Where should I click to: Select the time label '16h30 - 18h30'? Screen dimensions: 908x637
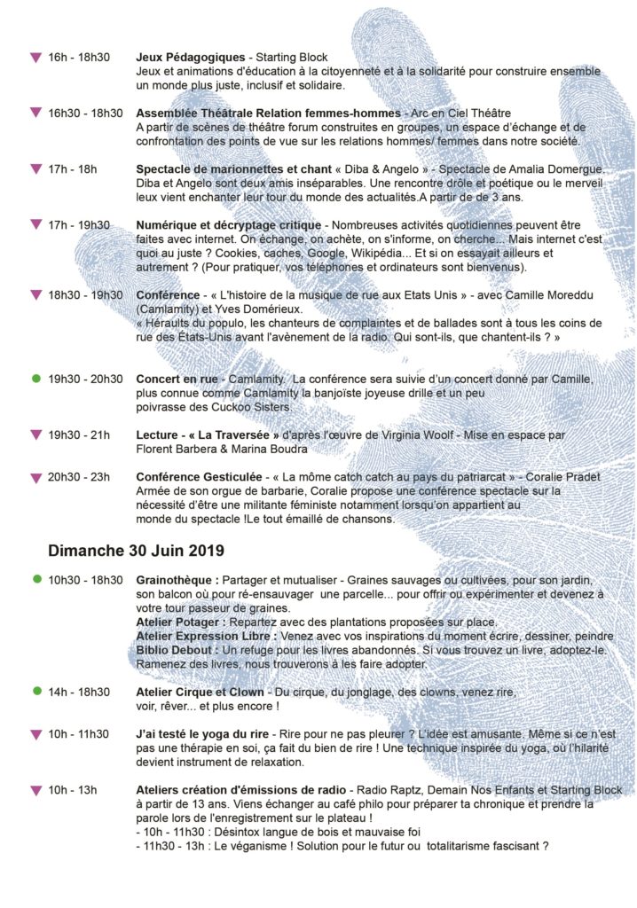85,113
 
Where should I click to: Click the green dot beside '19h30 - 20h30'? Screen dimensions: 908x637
35,379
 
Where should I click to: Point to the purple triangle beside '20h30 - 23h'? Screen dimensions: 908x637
35,478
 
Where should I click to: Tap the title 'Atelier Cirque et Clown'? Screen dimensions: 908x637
200,692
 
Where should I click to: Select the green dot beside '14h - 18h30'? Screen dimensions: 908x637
35,692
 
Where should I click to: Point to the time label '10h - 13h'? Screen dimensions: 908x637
73,789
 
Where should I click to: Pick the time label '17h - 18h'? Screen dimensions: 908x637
73,168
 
